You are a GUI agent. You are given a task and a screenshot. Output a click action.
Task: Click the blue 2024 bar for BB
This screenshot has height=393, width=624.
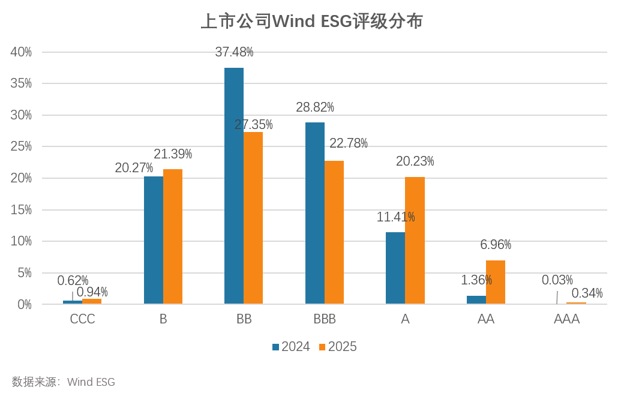(x=234, y=186)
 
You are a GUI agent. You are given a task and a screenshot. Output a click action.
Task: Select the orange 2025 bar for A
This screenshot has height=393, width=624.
(x=415, y=241)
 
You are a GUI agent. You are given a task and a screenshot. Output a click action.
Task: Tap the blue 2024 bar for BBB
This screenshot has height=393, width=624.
(x=315, y=213)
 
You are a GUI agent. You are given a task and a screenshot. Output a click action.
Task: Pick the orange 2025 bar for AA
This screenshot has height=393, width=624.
(x=496, y=283)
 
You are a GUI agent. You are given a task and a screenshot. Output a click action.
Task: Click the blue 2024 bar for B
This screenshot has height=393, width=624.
(x=154, y=240)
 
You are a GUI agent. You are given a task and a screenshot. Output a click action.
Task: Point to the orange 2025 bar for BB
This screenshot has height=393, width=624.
(x=253, y=218)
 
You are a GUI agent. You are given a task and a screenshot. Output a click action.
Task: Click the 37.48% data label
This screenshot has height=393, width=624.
(x=234, y=52)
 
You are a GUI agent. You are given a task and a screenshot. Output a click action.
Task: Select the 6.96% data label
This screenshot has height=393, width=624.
(x=496, y=245)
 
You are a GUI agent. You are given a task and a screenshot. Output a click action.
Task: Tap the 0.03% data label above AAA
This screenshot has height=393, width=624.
(x=557, y=280)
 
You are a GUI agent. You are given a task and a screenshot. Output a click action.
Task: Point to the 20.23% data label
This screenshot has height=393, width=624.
(x=415, y=161)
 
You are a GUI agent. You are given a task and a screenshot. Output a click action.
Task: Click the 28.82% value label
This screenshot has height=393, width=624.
(x=315, y=107)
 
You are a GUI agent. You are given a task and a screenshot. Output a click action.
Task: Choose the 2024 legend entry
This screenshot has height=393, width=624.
(x=291, y=347)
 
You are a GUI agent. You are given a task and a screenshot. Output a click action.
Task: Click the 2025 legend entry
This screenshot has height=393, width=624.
(x=338, y=347)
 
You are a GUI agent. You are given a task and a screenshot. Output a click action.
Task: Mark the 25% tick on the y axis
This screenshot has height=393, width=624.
(x=21, y=147)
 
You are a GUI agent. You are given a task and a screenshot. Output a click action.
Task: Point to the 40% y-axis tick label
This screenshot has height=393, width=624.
(x=21, y=52)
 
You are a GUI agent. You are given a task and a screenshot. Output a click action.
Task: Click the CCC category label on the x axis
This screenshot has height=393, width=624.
(x=82, y=319)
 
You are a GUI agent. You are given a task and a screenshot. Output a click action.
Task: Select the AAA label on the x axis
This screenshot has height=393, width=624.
(x=566, y=319)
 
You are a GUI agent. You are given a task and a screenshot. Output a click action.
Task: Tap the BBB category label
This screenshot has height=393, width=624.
(x=325, y=319)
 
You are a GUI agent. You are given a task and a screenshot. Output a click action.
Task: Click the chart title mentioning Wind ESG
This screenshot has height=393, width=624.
(x=311, y=22)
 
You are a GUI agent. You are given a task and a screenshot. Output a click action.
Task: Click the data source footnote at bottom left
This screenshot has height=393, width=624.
(x=63, y=382)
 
